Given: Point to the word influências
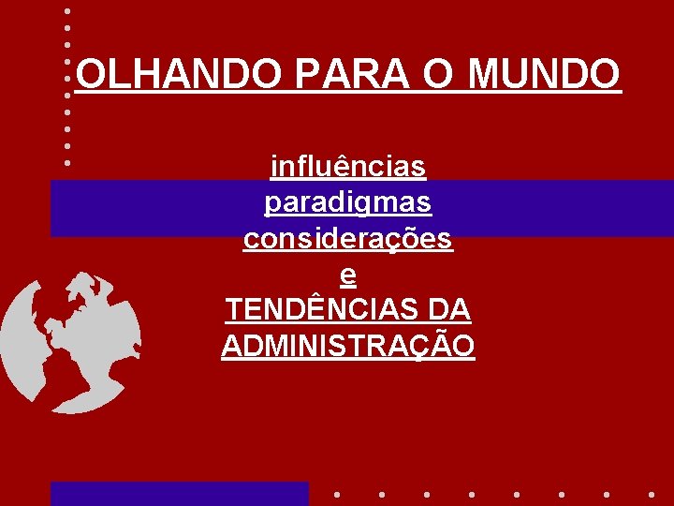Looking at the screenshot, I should click(348, 168).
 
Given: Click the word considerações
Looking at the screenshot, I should click(348, 239).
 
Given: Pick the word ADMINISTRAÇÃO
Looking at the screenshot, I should click(348, 346).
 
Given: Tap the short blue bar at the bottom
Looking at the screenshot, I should click(179, 494).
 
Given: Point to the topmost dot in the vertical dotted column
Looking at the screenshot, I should click(67, 11).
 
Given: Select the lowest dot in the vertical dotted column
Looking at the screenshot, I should click(67, 162).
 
